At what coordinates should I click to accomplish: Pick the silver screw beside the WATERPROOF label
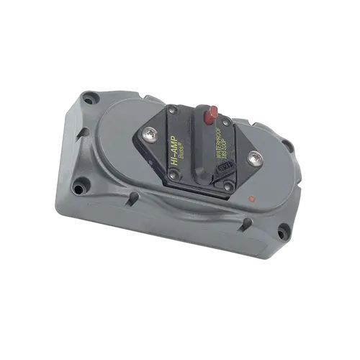(x=253, y=158)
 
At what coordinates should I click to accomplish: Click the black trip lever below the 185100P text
(x=225, y=171)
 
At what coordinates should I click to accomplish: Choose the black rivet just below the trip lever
(x=227, y=189)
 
